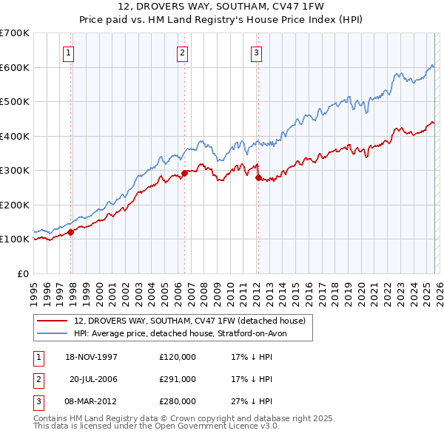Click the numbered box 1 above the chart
68,52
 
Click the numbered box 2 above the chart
181,52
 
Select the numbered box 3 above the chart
255,52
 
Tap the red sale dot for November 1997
71,232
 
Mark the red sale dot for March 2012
258,177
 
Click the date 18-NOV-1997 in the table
92,357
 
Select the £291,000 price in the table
178,379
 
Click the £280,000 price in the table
178,401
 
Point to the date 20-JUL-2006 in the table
94,379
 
